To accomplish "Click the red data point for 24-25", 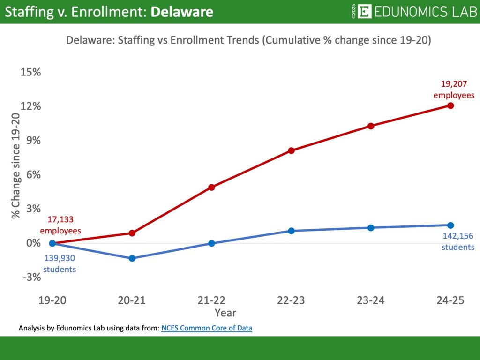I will pyautogui.click(x=450, y=105).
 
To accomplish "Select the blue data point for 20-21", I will pyautogui.click(x=132, y=258).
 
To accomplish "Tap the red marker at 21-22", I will pyautogui.click(x=211, y=187).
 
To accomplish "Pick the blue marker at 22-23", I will pyautogui.click(x=291, y=231).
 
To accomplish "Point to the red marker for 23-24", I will pyautogui.click(x=371, y=126).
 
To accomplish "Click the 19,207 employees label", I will pyautogui.click(x=454, y=90).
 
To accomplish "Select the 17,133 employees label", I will pyautogui.click(x=60, y=225).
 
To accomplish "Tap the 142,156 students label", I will pyautogui.click(x=458, y=242).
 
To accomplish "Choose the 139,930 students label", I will pyautogui.click(x=60, y=263).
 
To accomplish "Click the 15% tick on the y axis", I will pyautogui.click(x=30, y=72).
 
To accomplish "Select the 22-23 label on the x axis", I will pyautogui.click(x=291, y=300).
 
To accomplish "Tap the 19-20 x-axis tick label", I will pyautogui.click(x=52, y=300).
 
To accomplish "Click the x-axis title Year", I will pyautogui.click(x=225, y=312).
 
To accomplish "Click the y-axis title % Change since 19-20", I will pyautogui.click(x=16, y=166).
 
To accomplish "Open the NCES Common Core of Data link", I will pyautogui.click(x=207, y=328).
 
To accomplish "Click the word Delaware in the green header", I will pyautogui.click(x=182, y=12).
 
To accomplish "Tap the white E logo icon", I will pyautogui.click(x=364, y=12).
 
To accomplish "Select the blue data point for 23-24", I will pyautogui.click(x=371, y=228).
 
